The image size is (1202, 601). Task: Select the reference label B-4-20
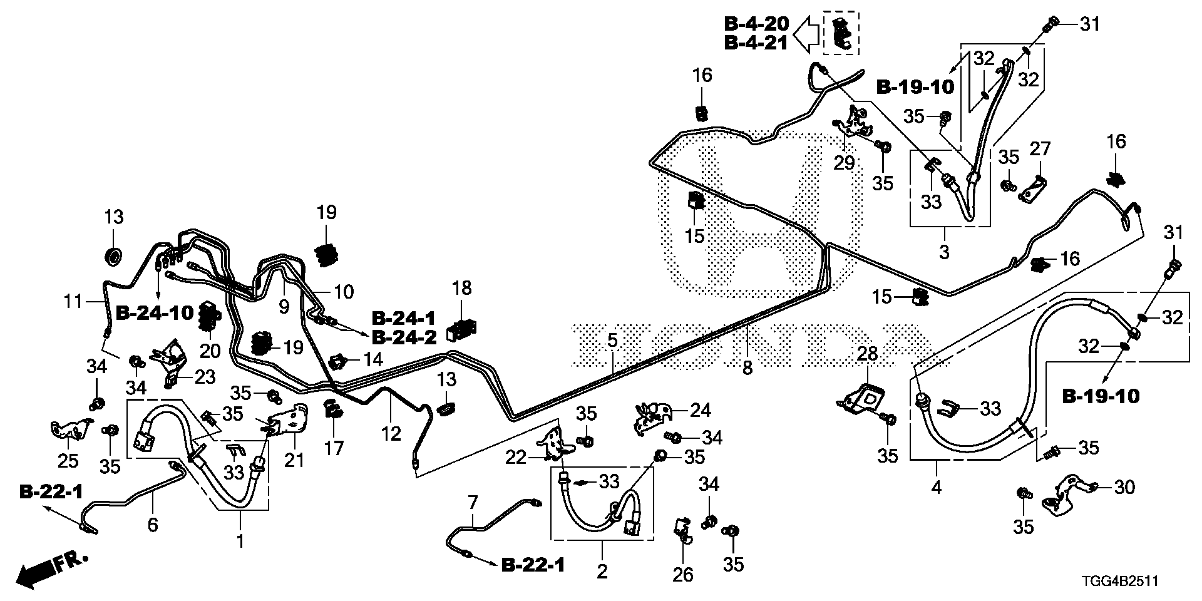click(x=756, y=24)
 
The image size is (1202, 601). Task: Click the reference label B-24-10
click(x=155, y=313)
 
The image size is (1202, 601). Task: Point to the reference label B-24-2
click(x=404, y=337)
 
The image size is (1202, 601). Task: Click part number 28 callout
click(x=867, y=354)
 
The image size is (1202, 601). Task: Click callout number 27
click(x=1040, y=149)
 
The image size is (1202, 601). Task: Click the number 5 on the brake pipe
click(x=612, y=341)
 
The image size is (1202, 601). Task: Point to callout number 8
click(x=747, y=368)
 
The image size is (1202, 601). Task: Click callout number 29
click(x=845, y=163)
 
